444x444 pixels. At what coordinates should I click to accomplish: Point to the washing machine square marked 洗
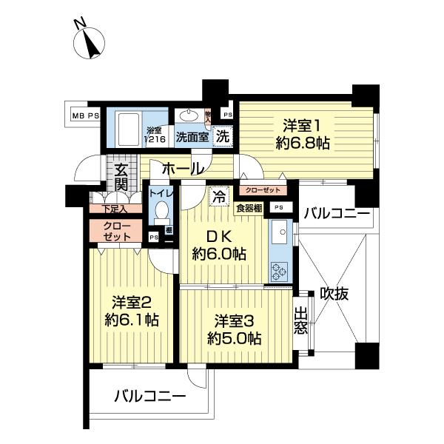pos(221,136)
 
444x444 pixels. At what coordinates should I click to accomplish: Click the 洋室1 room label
pos(302,133)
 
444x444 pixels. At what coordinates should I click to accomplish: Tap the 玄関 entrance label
pos(121,176)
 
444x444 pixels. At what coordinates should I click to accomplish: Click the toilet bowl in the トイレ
pos(161,215)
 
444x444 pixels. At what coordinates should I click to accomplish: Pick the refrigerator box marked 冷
pos(219,197)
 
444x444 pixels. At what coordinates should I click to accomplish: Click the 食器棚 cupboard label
pos(249,208)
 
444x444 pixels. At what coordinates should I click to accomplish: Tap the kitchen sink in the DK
pos(280,236)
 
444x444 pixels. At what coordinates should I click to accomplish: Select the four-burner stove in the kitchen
pos(280,272)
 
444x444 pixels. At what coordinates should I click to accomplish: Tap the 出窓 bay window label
pos(300,320)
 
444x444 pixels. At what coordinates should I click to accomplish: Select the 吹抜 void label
pos(335,292)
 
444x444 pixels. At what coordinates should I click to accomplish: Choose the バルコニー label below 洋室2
pos(149,397)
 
